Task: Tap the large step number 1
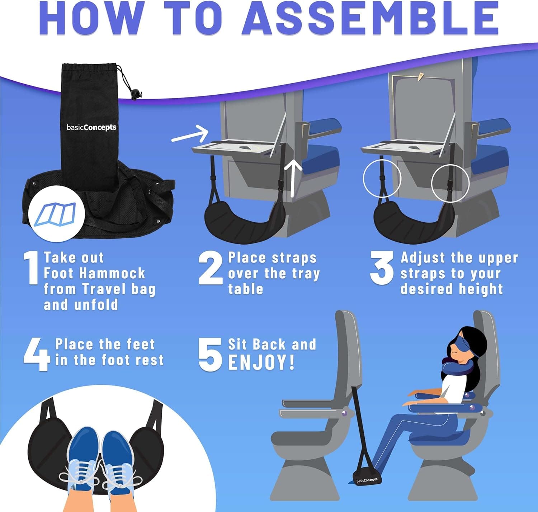tap(32, 268)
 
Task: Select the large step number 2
tap(211, 268)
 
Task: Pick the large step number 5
tap(210, 354)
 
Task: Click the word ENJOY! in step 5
tap(261, 362)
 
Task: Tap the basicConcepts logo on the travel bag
tap(91, 127)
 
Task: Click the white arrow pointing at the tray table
tap(190, 135)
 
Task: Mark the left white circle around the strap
tap(382, 178)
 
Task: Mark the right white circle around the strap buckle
tap(450, 183)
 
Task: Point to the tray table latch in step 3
tap(420, 76)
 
